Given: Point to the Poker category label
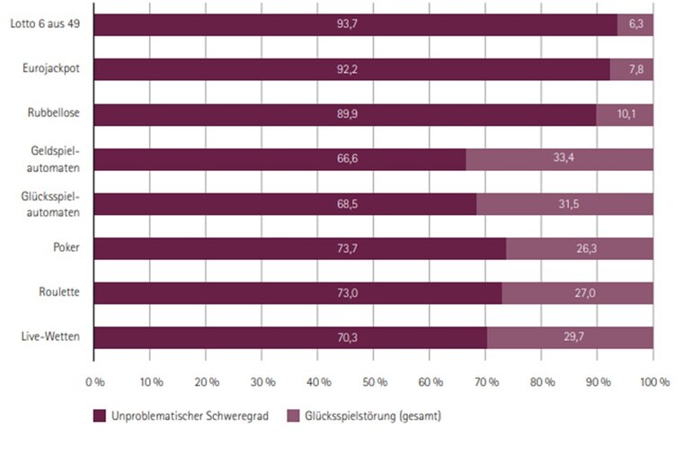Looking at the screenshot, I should point(69,248).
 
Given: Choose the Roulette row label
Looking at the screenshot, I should point(63,293).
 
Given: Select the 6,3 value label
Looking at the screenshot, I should point(636,25).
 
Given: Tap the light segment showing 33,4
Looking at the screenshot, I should point(560,159).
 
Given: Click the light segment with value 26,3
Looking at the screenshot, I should point(580,249).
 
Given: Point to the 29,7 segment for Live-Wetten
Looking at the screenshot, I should point(570,338).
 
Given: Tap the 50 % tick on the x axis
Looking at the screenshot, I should point(374,381).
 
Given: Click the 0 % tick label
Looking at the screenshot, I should point(93,381).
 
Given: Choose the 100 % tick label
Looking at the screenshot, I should point(654,381).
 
